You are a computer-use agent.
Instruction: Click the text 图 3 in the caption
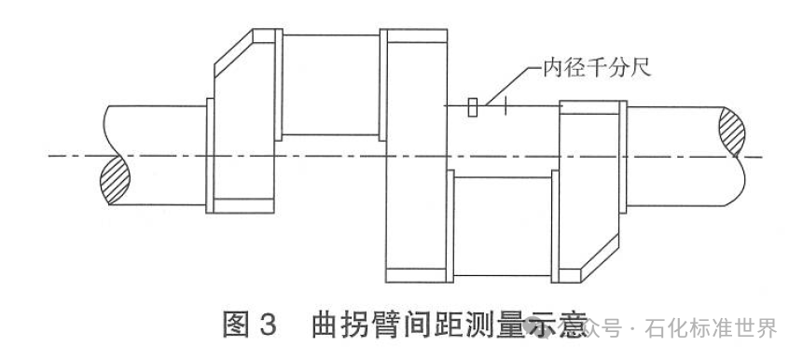[249, 326]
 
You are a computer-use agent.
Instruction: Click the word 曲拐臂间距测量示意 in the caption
[448, 326]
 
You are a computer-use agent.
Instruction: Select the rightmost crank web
[589, 187]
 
